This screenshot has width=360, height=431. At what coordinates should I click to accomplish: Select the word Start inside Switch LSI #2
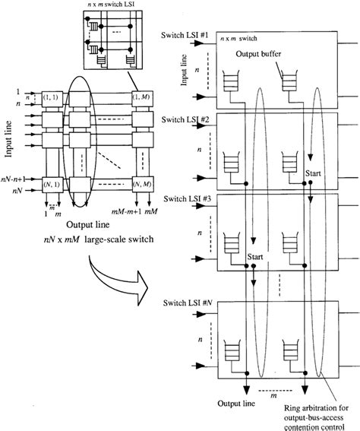[314, 173]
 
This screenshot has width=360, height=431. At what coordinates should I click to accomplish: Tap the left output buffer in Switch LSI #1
[230, 78]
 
